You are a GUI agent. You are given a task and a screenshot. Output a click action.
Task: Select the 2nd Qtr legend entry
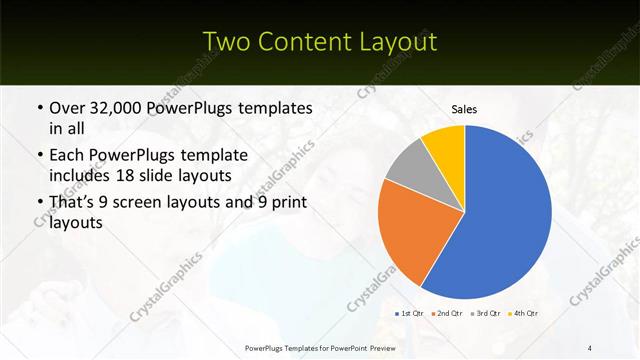click(449, 313)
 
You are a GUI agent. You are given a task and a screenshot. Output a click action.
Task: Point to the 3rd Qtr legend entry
click(487, 313)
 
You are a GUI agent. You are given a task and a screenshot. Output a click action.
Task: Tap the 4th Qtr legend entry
click(525, 313)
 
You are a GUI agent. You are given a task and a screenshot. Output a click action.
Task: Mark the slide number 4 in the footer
click(590, 347)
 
